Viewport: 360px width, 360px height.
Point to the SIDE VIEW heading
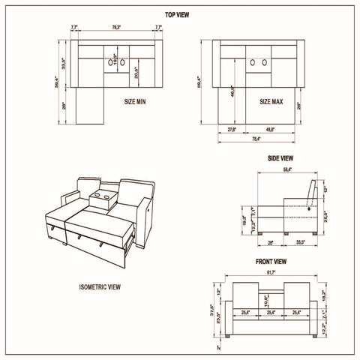click(280, 158)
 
